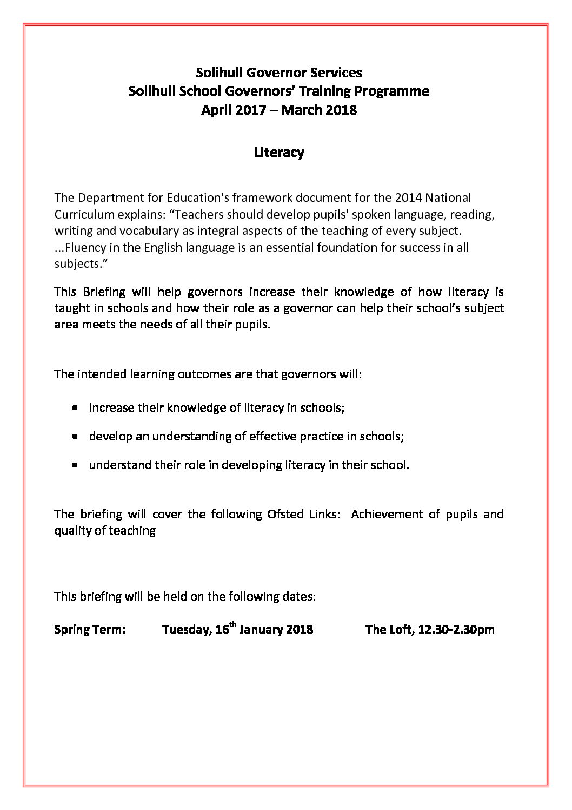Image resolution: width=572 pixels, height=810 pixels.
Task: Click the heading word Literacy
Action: [x=279, y=153]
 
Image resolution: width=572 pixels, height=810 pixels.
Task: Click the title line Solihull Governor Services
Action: [x=279, y=73]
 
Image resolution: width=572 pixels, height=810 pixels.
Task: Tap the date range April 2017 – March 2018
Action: [x=279, y=110]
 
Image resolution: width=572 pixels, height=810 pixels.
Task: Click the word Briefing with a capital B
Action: [x=105, y=292]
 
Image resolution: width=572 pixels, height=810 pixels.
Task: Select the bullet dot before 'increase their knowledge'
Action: [x=76, y=407]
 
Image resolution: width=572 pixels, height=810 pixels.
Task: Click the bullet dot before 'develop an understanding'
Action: [x=76, y=436]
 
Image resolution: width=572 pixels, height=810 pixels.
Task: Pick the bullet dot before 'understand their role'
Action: [x=76, y=465]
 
